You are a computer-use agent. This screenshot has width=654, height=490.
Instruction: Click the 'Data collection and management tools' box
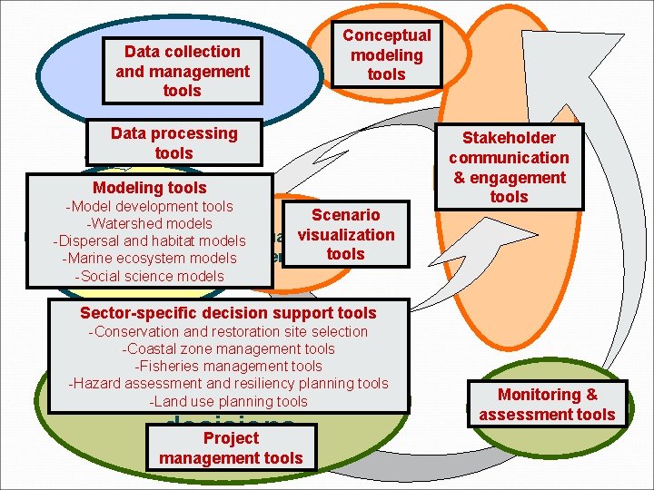click(x=183, y=71)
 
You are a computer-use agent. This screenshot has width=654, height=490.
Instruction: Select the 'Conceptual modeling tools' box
click(x=386, y=54)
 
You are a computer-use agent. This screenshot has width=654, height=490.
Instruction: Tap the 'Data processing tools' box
click(x=173, y=143)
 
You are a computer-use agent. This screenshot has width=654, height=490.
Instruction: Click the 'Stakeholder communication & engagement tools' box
click(x=509, y=167)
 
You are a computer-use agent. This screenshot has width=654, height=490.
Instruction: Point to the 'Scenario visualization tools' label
click(x=346, y=234)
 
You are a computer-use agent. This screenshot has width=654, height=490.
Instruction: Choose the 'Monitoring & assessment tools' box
click(x=547, y=405)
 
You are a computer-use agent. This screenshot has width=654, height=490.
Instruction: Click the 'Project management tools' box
click(x=231, y=448)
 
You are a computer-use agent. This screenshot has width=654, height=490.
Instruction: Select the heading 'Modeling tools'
click(x=150, y=188)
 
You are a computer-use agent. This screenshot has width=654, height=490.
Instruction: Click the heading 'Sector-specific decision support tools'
click(x=228, y=313)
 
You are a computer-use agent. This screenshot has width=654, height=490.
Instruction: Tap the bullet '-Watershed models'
click(x=149, y=223)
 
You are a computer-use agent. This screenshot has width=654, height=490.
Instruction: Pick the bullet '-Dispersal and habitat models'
click(x=149, y=240)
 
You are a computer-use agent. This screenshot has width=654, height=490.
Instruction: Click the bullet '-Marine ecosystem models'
click(x=149, y=258)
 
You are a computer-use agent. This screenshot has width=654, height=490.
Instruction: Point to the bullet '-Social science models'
click(x=149, y=276)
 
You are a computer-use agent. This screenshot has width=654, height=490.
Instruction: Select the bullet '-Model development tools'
click(x=149, y=206)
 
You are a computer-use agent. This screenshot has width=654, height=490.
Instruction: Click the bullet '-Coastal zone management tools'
click(x=228, y=348)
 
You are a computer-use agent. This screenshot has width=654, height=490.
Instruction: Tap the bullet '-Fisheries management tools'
click(x=228, y=366)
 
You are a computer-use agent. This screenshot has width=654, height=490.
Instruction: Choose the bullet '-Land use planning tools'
click(x=228, y=401)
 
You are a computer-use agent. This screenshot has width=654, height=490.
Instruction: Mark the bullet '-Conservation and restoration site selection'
click(x=228, y=331)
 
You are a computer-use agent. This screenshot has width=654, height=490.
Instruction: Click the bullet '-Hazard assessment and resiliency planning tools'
click(x=228, y=383)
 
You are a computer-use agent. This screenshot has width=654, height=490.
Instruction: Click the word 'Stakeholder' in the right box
click(x=509, y=138)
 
